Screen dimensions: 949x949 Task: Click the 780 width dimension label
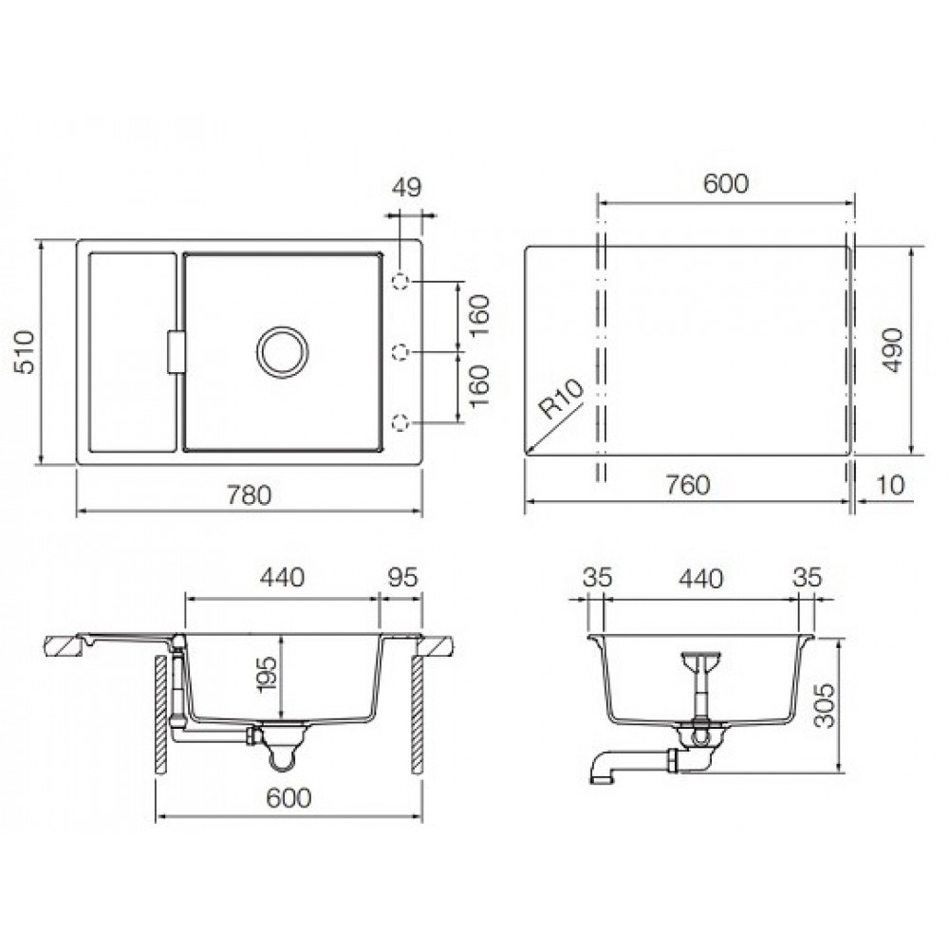pyautogui.click(x=250, y=495)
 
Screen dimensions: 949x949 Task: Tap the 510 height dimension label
pyautogui.click(x=26, y=352)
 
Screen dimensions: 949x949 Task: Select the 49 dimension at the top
pyautogui.click(x=406, y=188)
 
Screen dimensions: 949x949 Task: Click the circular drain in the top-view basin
pyautogui.click(x=282, y=352)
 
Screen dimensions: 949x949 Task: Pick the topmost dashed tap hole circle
pyautogui.click(x=400, y=282)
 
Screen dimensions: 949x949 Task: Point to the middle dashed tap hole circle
pyautogui.click(x=400, y=352)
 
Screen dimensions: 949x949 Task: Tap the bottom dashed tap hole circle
pyautogui.click(x=400, y=422)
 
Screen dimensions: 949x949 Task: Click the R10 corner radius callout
pyautogui.click(x=562, y=400)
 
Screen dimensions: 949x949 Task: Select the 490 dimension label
pyautogui.click(x=892, y=350)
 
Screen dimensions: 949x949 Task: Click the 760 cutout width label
pyautogui.click(x=687, y=485)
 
